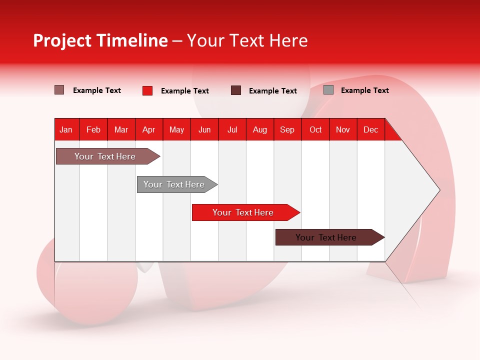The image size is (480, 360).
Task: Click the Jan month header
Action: click(x=66, y=129)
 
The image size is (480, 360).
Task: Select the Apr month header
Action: click(x=149, y=129)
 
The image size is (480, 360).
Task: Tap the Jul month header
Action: click(x=232, y=129)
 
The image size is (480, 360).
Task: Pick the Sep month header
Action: click(x=287, y=129)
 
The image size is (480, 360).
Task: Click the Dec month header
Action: click(x=370, y=129)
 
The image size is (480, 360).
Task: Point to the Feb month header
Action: click(x=93, y=129)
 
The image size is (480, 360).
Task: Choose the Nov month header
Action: click(x=343, y=129)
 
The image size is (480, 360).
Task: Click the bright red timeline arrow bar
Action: click(x=243, y=212)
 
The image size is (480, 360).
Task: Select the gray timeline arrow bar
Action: click(x=174, y=184)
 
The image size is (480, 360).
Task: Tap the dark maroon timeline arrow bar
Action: click(x=326, y=237)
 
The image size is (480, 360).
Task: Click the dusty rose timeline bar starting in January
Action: click(x=105, y=156)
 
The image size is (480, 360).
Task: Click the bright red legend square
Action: click(x=147, y=90)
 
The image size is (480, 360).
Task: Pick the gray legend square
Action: click(x=328, y=90)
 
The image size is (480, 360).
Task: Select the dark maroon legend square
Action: click(x=236, y=90)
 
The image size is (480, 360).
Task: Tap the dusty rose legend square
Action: click(x=59, y=90)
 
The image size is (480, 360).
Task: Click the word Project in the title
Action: click(x=62, y=40)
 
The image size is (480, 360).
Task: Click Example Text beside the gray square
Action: click(x=364, y=90)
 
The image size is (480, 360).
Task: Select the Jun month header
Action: click(x=204, y=129)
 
